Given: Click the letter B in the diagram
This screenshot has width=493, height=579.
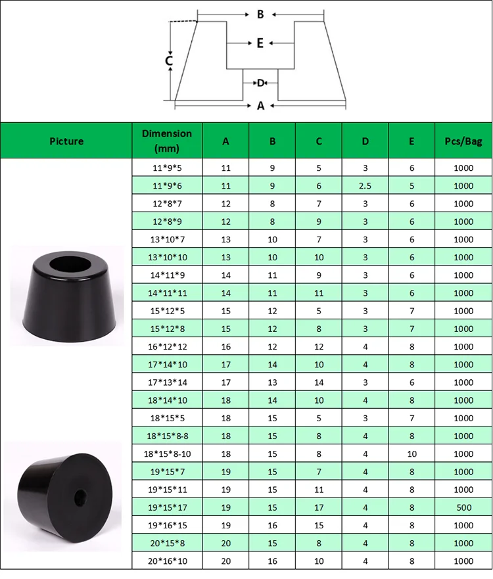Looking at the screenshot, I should [260, 14].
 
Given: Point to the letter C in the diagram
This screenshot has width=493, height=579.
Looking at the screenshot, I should [169, 61].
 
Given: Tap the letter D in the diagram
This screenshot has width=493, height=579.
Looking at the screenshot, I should [260, 83].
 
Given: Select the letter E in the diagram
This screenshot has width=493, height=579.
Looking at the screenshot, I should [260, 43].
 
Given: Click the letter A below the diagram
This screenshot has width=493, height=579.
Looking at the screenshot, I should [260, 105].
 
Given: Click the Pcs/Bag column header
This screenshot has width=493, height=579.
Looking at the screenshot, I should [463, 141].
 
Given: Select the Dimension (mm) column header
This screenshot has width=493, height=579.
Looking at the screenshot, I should [167, 141].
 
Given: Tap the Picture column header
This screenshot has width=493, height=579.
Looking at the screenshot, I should [66, 141].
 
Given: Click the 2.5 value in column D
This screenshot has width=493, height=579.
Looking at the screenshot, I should [365, 186].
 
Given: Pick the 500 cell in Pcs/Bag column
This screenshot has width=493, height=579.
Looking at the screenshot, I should [463, 507].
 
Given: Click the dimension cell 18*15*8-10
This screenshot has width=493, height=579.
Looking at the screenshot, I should [167, 453].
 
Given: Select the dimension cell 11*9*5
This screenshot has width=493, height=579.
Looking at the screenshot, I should [167, 168].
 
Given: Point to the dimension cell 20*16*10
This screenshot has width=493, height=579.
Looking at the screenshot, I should [167, 561].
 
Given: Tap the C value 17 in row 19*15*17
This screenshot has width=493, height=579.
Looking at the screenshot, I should [319, 507].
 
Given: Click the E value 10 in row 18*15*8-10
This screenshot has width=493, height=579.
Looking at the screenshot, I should [412, 453].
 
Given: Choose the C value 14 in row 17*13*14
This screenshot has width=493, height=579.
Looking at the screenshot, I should [319, 382].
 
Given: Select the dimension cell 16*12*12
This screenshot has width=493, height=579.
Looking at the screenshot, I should [167, 346].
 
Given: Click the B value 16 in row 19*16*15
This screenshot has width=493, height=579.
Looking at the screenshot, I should [272, 525].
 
